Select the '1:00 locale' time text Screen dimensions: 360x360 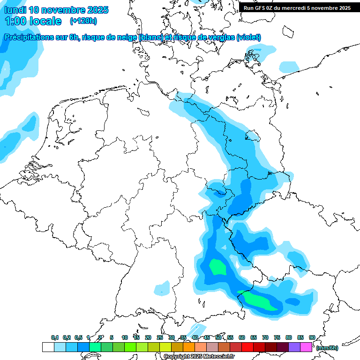coord(33,21)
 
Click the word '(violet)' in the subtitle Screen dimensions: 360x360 coord(248,37)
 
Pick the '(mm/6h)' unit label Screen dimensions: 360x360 coord(327,348)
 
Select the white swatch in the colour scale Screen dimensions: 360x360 coord(48,347)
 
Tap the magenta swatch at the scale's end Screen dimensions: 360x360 coord(306,347)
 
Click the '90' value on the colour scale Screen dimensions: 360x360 coord(312,337)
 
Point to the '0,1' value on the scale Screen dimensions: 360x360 coord(55,337)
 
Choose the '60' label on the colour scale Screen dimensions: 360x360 coord(242,337)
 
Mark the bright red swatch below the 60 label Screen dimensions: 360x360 coord(247,347)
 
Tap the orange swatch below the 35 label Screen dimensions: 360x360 coord(189,347)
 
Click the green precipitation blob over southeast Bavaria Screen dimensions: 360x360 coord(217,267)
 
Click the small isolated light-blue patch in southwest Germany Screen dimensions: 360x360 coord(162,287)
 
